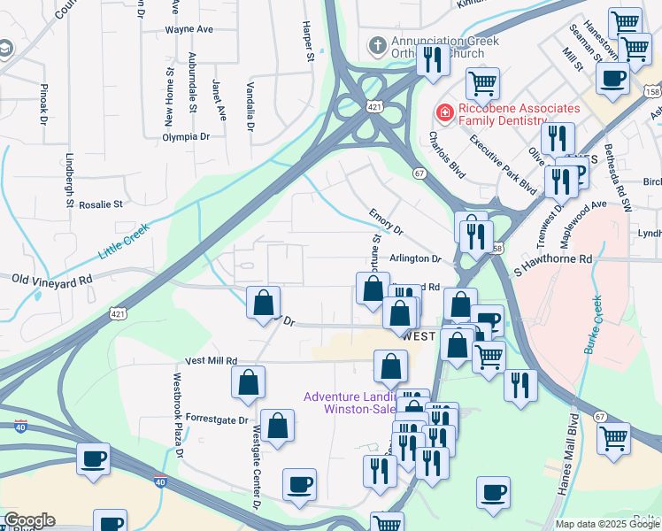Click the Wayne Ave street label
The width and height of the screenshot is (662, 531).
(189, 29)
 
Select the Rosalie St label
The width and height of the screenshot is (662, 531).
(100, 204)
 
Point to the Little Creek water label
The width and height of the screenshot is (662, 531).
(124, 240)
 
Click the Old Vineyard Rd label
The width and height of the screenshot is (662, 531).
(52, 279)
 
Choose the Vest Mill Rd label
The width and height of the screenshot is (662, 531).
(211, 361)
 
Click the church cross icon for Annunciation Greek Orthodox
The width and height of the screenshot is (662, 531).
(377, 45)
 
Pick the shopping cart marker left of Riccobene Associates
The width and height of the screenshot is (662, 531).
(482, 84)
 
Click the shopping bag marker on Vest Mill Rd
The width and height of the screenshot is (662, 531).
(249, 381)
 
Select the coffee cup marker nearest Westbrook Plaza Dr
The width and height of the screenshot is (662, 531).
(94, 459)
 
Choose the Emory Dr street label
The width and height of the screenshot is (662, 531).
(386, 223)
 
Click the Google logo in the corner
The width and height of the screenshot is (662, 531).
(28, 520)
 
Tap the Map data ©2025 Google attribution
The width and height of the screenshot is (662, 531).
(606, 524)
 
